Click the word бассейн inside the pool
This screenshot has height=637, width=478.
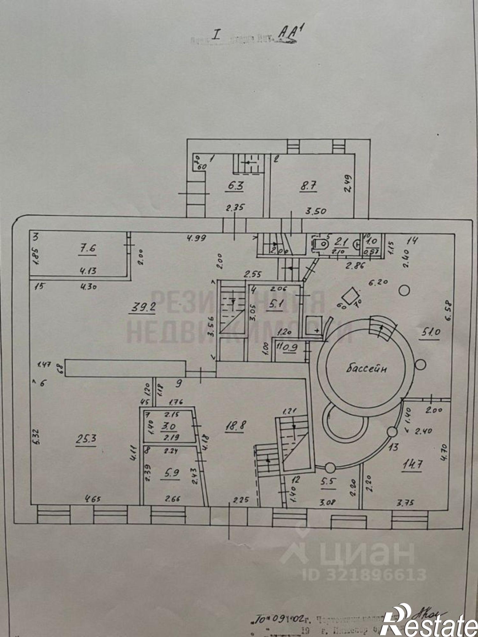(366, 369)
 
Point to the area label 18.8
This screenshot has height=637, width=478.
(235, 426)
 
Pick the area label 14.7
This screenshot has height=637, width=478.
(412, 464)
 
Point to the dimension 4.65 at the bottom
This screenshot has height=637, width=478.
(92, 499)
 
